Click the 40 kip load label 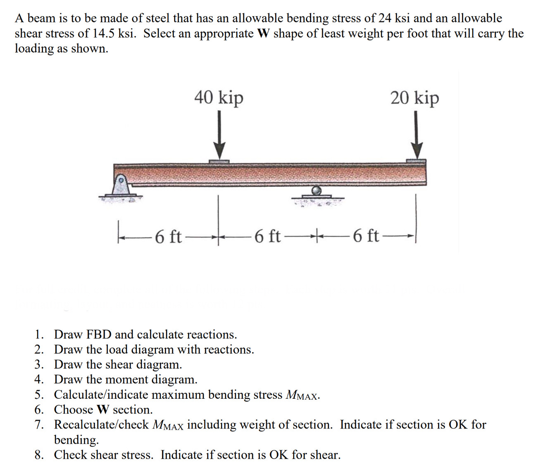pyautogui.click(x=219, y=98)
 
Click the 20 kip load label pyautogui.click(x=414, y=98)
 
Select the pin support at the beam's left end pyautogui.click(x=121, y=186)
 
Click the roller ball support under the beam pyautogui.click(x=317, y=190)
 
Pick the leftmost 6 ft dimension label pyautogui.click(x=168, y=237)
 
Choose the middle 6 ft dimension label pyautogui.click(x=267, y=236)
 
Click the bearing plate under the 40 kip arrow pyautogui.click(x=219, y=162)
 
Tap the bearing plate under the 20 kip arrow pyautogui.click(x=416, y=161)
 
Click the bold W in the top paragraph pyautogui.click(x=263, y=33)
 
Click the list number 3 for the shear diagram pyautogui.click(x=39, y=364)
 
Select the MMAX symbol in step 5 pyautogui.click(x=302, y=395)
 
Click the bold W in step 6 pyautogui.click(x=103, y=409)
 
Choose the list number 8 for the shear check pyautogui.click(x=39, y=455)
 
